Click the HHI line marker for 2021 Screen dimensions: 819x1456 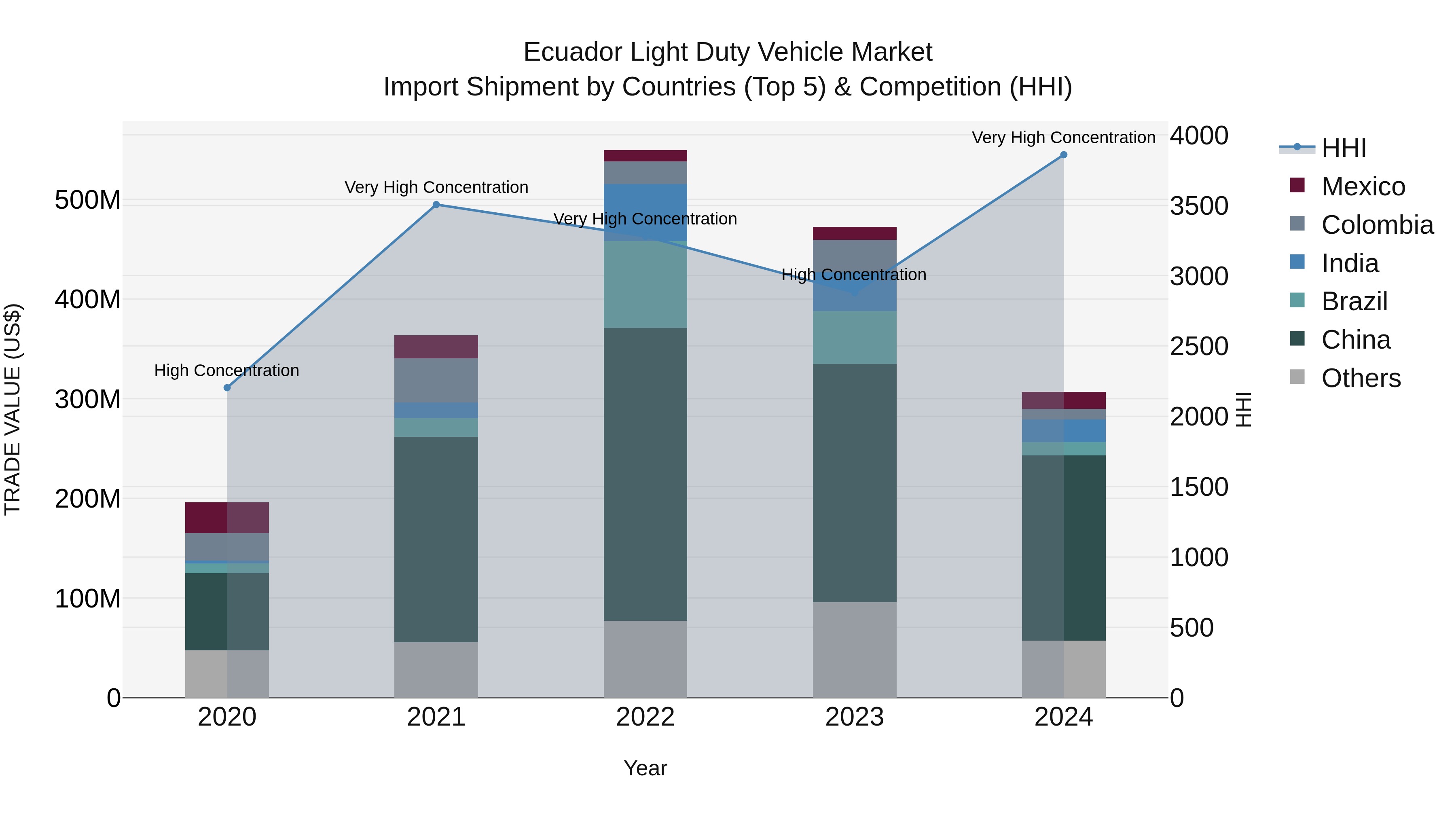(x=436, y=205)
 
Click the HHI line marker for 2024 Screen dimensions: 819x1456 (x=1063, y=155)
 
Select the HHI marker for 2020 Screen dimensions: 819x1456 (x=227, y=388)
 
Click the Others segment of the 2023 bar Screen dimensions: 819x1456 (x=854, y=650)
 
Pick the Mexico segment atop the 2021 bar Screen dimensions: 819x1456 (x=436, y=347)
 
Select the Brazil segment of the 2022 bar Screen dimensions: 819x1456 (x=645, y=284)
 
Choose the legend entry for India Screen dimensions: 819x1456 (x=1349, y=263)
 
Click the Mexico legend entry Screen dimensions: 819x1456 (x=1362, y=186)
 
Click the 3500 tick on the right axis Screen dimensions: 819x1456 (x=1198, y=206)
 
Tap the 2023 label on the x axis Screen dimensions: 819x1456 (x=854, y=717)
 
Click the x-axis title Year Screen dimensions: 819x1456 (x=645, y=768)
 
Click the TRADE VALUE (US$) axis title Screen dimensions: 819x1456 (x=13, y=409)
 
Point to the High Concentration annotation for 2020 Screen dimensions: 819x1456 (x=226, y=371)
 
